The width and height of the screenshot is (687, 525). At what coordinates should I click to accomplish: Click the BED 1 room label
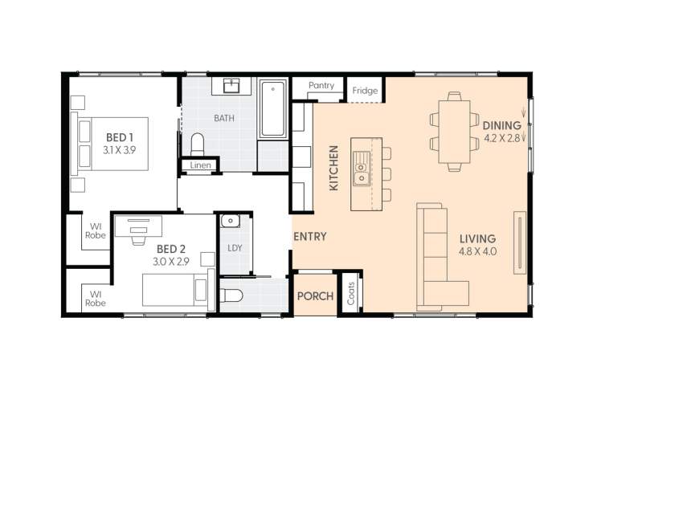tap(113, 137)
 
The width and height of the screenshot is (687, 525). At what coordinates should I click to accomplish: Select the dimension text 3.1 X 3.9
tap(120, 150)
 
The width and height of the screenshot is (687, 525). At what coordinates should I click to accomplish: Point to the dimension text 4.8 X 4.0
tap(478, 251)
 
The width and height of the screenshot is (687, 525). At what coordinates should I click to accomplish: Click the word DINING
tap(502, 125)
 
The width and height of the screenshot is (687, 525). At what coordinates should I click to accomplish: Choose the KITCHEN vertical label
tap(334, 168)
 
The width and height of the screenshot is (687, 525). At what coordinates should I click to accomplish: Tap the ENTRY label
tap(309, 237)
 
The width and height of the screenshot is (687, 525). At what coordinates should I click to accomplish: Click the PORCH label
tap(315, 296)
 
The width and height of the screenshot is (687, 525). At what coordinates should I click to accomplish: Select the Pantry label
tap(321, 86)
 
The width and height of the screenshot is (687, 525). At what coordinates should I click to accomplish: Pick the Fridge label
tap(365, 91)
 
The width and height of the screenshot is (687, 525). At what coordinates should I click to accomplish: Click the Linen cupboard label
tap(201, 165)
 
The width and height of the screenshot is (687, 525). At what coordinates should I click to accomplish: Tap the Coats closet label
tap(351, 294)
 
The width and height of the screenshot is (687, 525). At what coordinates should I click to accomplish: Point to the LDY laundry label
tap(235, 248)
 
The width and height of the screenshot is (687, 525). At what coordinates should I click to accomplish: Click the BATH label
tap(224, 118)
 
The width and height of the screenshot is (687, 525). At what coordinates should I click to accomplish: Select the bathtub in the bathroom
tap(272, 108)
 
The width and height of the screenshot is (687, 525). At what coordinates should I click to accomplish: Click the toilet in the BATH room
tap(198, 144)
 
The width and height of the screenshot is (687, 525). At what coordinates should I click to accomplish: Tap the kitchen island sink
tap(362, 173)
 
